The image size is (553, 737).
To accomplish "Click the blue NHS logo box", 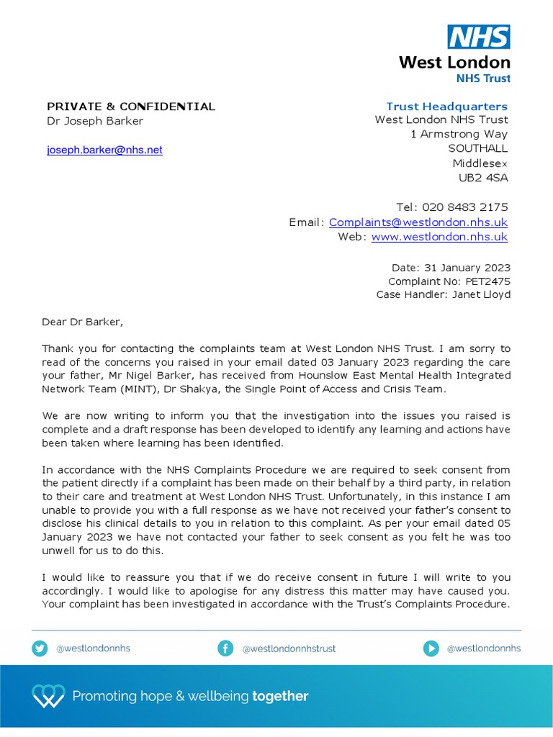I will (x=479, y=37).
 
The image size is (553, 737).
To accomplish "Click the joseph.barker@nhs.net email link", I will (x=104, y=150).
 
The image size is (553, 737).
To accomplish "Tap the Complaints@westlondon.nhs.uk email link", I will (x=418, y=222).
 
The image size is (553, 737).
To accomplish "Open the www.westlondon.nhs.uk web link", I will (x=439, y=237).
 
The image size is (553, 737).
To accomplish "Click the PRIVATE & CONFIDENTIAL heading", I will (x=131, y=107).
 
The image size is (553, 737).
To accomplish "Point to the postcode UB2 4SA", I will (x=483, y=178).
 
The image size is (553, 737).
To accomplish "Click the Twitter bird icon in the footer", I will (x=40, y=648).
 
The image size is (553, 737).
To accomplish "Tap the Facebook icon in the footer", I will (x=225, y=648).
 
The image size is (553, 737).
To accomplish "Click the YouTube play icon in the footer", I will (x=431, y=648).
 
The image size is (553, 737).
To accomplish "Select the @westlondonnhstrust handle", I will (x=289, y=648).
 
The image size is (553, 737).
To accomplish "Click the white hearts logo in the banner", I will (x=48, y=696).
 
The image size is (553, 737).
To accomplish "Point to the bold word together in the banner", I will (x=280, y=696).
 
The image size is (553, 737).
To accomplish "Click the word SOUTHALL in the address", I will (x=477, y=148).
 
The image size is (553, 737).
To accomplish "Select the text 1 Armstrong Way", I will (x=459, y=134).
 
